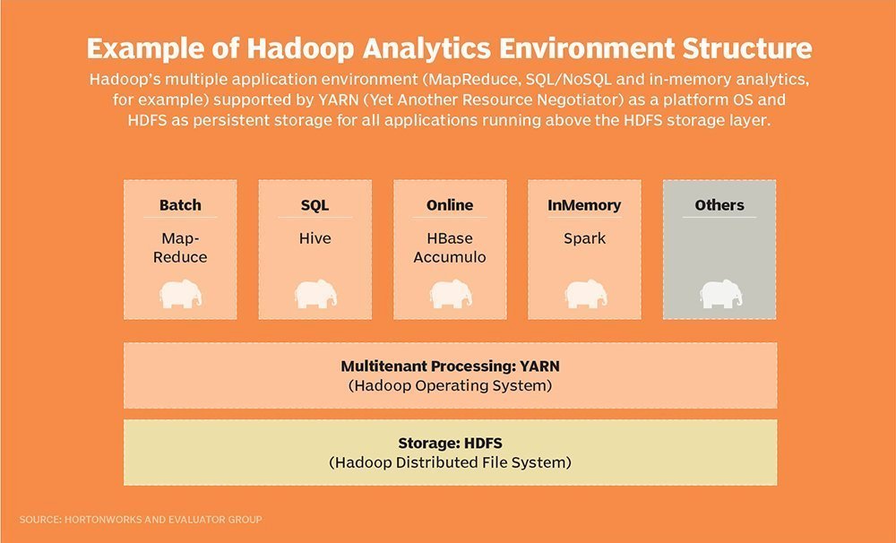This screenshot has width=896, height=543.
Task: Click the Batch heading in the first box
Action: (180, 205)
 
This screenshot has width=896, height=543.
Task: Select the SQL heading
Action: (314, 205)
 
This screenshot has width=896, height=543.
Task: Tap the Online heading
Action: (450, 205)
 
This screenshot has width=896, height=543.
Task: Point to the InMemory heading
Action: (584, 205)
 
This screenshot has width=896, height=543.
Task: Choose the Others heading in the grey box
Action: (719, 205)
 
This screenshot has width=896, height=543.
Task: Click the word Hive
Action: (314, 238)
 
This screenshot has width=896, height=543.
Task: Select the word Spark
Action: (584, 238)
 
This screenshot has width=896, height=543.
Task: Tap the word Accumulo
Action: (450, 257)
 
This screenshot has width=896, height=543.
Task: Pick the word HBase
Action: (450, 238)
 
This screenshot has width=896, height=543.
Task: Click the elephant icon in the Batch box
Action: (180, 294)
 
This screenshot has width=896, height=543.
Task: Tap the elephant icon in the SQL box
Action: (314, 294)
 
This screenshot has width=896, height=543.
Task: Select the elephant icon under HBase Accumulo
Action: (450, 294)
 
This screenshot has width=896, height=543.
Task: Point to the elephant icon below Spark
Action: (584, 294)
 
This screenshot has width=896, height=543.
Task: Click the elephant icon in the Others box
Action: (719, 294)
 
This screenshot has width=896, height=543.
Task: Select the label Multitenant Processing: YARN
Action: (450, 366)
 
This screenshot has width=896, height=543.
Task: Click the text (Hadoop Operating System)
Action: (450, 386)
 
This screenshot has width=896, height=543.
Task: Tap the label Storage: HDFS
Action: (450, 444)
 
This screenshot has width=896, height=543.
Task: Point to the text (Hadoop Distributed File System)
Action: (450, 463)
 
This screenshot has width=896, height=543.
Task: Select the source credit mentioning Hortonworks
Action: (140, 519)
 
